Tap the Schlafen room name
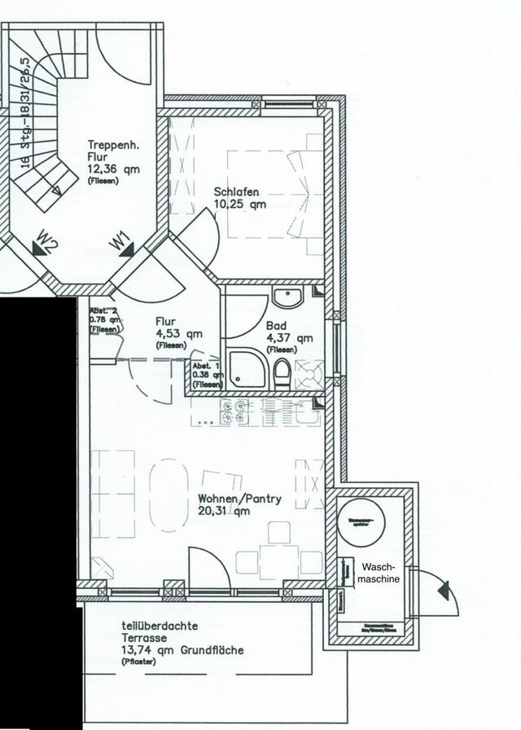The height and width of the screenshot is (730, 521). coord(237,192)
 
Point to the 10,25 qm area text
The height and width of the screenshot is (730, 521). coord(240,205)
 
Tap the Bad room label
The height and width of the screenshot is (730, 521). coord(276,325)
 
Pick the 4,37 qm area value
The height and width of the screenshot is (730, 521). coord(290,337)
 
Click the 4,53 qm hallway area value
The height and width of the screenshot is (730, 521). coord(179,333)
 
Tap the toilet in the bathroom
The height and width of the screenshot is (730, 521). coord(282,374)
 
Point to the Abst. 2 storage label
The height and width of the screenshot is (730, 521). coord(104,310)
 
